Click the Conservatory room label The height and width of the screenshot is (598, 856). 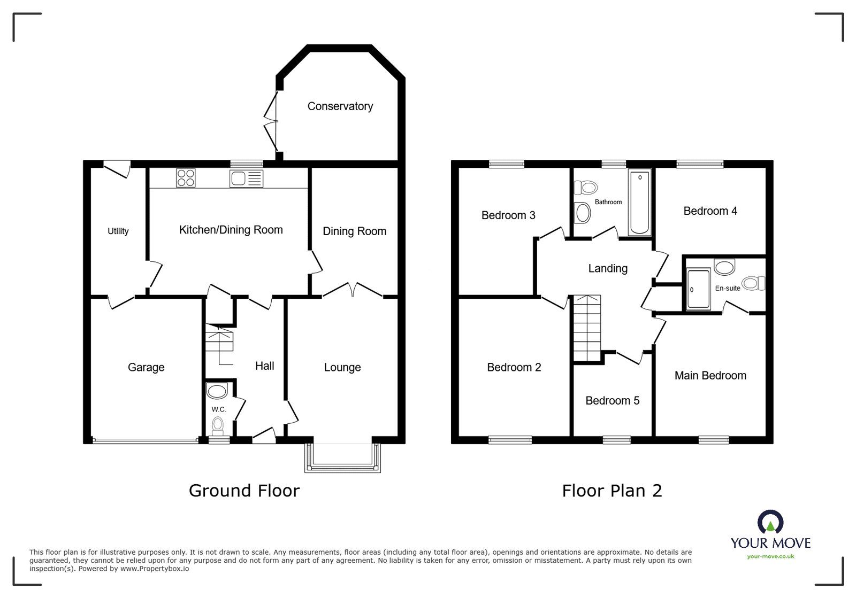coord(340,106)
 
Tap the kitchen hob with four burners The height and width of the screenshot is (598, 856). coord(186,178)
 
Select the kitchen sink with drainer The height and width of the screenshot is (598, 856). coord(247,178)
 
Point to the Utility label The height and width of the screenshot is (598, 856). coord(118,231)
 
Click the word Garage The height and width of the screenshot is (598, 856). coord(146,367)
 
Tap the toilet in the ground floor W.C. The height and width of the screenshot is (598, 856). coord(217,426)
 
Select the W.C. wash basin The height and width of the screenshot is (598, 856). coord(217,391)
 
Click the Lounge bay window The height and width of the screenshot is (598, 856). coord(343,459)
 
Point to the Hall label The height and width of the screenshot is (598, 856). coord(265,366)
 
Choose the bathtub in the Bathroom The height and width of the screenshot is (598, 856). coord(640,203)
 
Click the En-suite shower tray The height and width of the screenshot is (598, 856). coord(699,289)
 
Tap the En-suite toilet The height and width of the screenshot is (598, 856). coord(754,283)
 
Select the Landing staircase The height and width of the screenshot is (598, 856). coord(587,328)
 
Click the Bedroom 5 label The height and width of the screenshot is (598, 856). coord(613,400)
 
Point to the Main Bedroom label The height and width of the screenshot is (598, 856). coord(710,376)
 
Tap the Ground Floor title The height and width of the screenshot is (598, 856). coord(244,491)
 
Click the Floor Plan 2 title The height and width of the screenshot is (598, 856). coord(612,491)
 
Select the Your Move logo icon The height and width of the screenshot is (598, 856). coord(770,522)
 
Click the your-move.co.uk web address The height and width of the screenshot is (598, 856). coord(770,556)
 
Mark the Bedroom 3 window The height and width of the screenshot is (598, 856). coord(507,164)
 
